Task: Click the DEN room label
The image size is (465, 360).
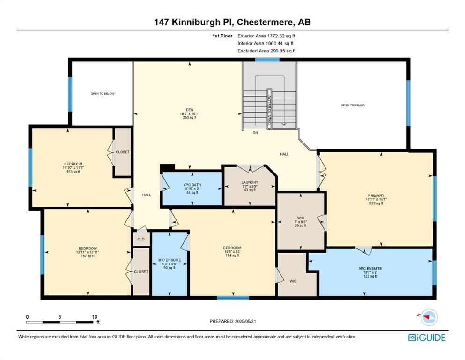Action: point(190,110)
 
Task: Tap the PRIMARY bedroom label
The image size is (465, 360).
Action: point(376,195)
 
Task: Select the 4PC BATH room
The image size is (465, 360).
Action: point(192,189)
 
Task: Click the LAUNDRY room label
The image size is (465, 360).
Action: point(250,182)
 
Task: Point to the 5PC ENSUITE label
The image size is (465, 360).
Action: point(370,268)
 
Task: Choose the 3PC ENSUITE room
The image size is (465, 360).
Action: point(170,263)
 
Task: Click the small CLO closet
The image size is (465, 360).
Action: point(141,239)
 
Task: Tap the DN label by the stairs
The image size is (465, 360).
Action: point(255,133)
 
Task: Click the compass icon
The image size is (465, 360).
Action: point(429,317)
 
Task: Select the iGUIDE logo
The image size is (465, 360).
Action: point(427,337)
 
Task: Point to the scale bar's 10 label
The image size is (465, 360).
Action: point(95,317)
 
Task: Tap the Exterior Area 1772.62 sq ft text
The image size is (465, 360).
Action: point(266,36)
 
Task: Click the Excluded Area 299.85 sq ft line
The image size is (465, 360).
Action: point(266,51)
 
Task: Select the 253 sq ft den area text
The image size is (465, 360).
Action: point(190,118)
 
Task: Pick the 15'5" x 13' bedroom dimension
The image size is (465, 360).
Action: point(232,252)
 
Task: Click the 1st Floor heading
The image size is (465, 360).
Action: point(222,36)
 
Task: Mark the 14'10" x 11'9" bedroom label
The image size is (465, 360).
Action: point(73,168)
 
